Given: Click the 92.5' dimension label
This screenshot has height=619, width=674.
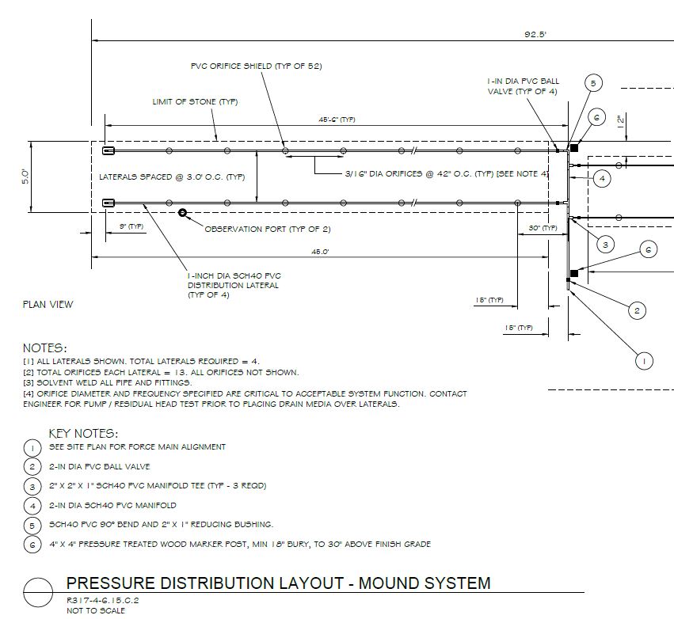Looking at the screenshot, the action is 535,34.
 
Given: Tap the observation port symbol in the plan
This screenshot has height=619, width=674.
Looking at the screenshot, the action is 183,213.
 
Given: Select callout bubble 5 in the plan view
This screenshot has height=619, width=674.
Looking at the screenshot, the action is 593,83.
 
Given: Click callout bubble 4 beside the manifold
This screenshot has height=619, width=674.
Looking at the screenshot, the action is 602,178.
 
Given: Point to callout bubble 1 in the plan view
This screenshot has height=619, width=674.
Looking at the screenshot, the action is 644,361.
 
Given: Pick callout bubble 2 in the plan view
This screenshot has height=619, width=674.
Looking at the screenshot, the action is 637,310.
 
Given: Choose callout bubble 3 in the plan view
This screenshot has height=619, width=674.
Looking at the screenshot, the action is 605,245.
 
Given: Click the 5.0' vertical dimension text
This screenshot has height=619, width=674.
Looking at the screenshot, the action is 26,177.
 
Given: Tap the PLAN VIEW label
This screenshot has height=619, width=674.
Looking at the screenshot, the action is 48,305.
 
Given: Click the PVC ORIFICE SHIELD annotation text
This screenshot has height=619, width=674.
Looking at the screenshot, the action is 256,66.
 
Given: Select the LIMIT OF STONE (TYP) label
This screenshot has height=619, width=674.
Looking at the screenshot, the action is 195,102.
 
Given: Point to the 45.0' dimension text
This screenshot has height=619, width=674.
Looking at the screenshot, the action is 320,252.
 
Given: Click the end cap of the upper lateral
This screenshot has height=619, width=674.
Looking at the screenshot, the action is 109,150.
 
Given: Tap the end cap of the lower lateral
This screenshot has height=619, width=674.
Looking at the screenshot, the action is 109,203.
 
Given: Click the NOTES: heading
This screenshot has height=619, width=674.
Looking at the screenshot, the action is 45,348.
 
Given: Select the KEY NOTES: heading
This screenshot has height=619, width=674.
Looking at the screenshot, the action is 83,433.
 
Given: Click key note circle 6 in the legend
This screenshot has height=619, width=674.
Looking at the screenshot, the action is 32,545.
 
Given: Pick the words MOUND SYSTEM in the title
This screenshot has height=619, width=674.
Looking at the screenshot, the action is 425,583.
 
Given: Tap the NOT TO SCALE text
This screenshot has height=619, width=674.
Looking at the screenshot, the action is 96,610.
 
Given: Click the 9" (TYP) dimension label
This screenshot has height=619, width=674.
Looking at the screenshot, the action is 131,226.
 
